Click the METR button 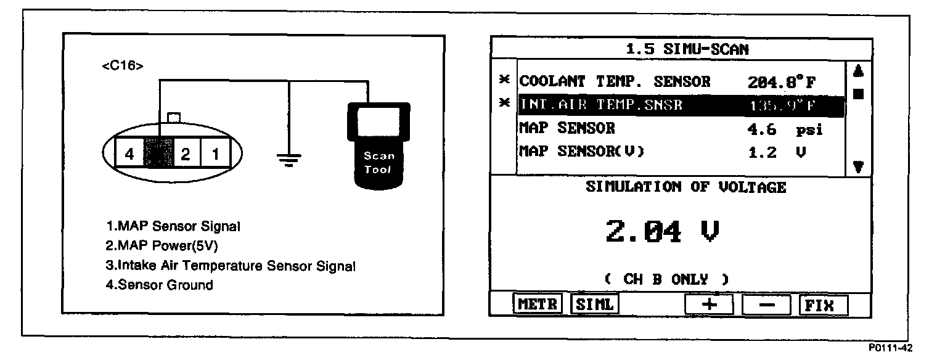pos(538,305)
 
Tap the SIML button pos(595,305)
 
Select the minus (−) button pos(766,305)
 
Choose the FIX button pos(823,305)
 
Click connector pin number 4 pos(129,154)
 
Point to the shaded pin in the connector pos(158,154)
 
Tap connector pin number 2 pos(186,154)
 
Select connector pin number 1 pos(215,154)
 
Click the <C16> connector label pos(122,66)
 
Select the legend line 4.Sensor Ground pos(159,285)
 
